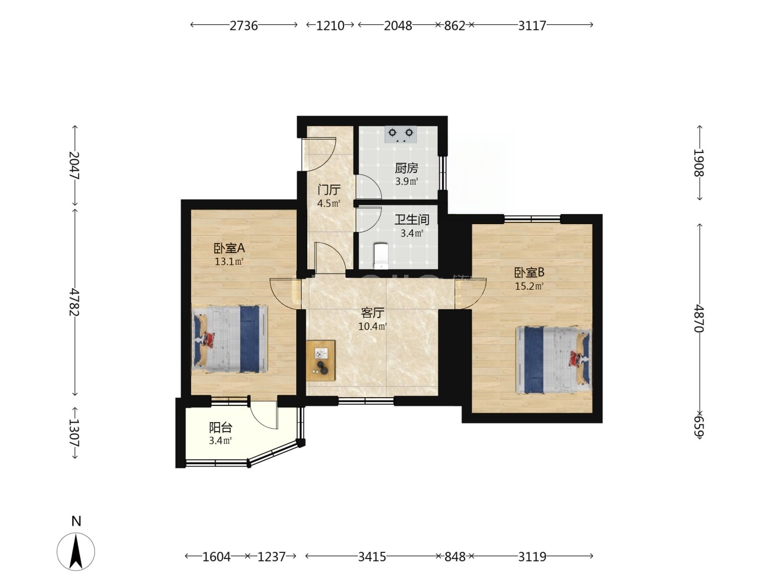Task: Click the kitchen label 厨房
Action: pos(406,168)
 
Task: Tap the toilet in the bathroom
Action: pos(381,255)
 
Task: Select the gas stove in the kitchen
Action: pos(401,135)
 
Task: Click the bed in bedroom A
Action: pos(230,339)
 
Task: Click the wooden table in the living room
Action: pos(321,360)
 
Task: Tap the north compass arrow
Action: pos(76,551)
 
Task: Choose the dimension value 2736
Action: pos(243,26)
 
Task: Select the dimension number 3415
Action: pos(372,557)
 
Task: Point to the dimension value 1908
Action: pos(699,163)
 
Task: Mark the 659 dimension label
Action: pos(699,427)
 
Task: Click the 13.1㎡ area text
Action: pos(229,262)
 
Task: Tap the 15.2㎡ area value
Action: pos(529,286)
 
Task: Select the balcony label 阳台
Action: pos(221,428)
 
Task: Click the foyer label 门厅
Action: pos(329,190)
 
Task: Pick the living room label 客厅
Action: pos(372,313)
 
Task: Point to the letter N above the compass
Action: pos(76,521)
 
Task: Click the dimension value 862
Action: pos(455,26)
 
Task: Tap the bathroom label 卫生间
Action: pos(412,220)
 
